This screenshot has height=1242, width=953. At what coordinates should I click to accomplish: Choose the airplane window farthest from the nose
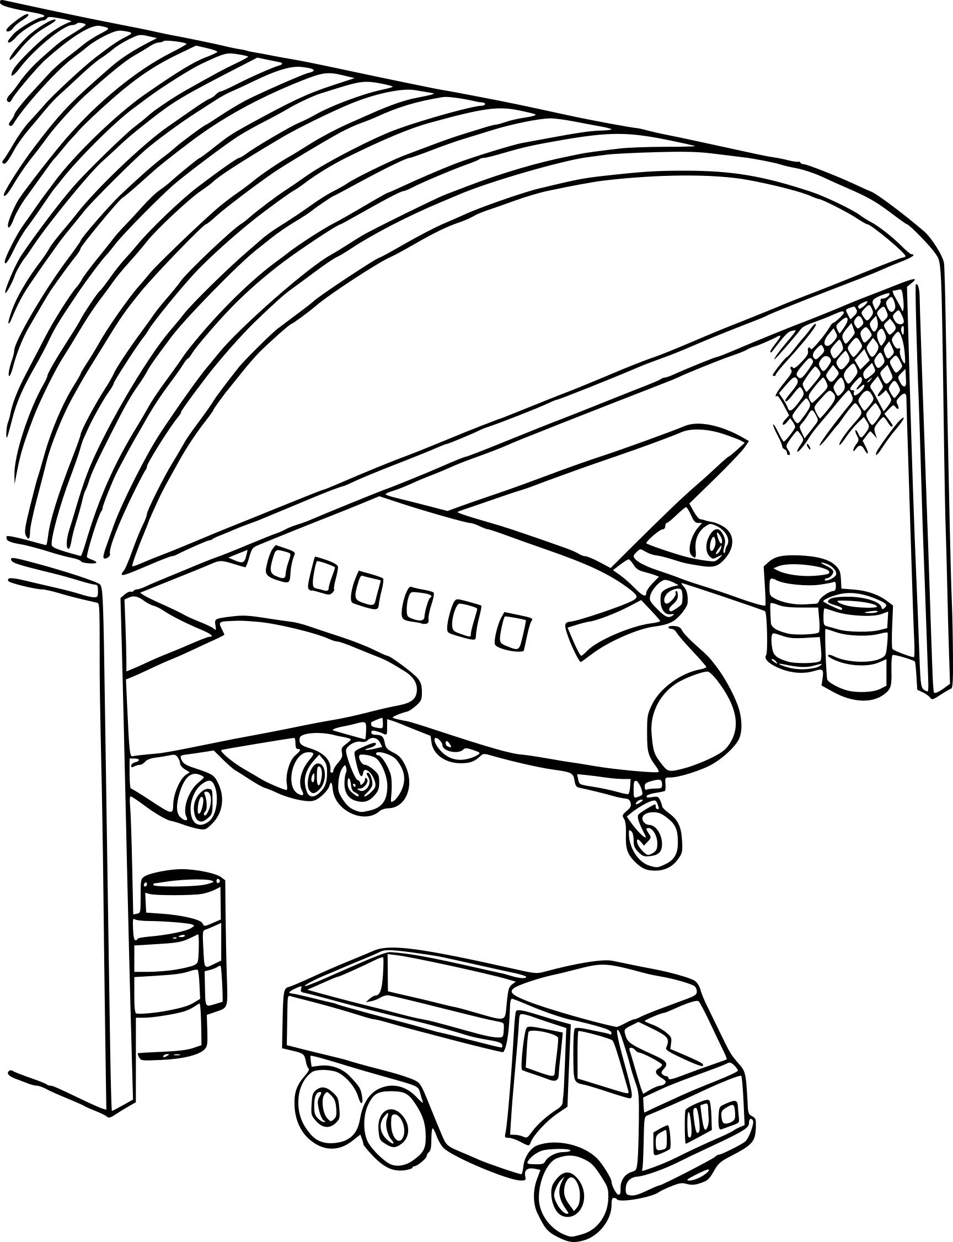(x=278, y=561)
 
